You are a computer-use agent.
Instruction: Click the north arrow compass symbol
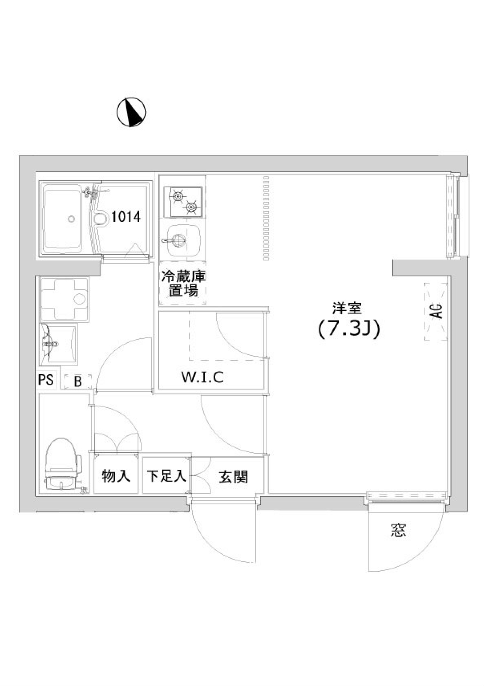131,112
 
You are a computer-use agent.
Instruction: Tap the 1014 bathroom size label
126,217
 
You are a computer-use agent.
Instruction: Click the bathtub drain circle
71,219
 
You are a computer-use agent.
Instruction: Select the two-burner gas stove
183,201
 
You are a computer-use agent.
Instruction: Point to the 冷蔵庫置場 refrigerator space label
183,284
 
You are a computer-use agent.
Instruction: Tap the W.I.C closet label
203,377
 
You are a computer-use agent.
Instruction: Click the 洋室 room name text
347,307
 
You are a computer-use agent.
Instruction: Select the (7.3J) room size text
349,329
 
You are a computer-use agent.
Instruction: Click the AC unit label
436,311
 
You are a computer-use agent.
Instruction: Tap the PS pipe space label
46,380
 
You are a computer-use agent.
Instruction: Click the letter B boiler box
78,381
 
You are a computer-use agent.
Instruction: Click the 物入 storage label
116,476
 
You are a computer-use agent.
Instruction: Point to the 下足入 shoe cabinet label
166,476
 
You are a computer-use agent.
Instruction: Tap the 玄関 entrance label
233,477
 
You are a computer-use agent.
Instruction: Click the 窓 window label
398,530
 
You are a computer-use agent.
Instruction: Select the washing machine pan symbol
65,299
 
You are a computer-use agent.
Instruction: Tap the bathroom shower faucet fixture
91,193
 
